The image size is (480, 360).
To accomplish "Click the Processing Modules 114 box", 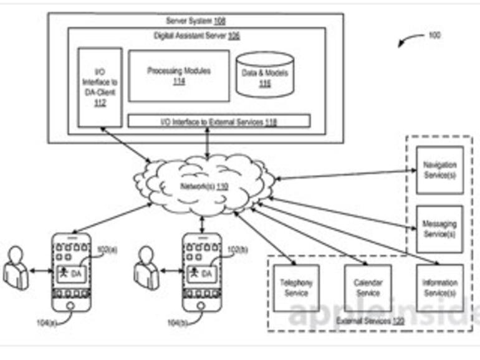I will click(179, 76).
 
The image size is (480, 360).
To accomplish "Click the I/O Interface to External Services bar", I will click(219, 121).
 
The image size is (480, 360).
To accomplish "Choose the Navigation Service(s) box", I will click(439, 169).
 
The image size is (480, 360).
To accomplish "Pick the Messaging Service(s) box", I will click(439, 229).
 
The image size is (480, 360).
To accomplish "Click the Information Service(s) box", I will click(439, 288).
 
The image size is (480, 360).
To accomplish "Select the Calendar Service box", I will click(368, 288).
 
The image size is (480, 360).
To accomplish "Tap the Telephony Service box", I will click(297, 288).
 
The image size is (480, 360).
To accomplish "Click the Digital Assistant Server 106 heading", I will click(196, 36).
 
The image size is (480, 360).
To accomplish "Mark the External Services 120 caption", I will click(362, 321).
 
